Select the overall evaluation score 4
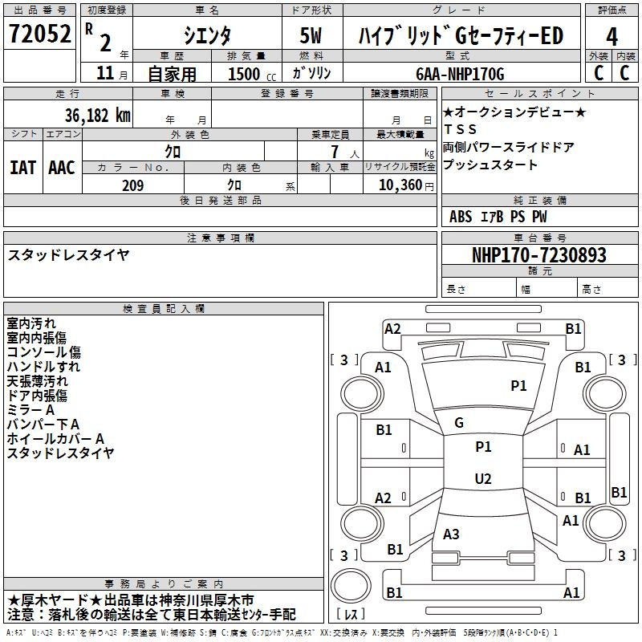(x=612, y=37)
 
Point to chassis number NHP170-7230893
(x=539, y=256)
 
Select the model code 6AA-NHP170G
(x=460, y=74)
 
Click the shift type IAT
(x=22, y=168)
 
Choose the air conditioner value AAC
(x=62, y=168)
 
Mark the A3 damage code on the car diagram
(x=452, y=534)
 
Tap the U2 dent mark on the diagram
(x=483, y=479)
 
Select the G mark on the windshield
(x=459, y=423)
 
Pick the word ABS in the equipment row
(x=461, y=217)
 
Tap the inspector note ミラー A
(x=30, y=410)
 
